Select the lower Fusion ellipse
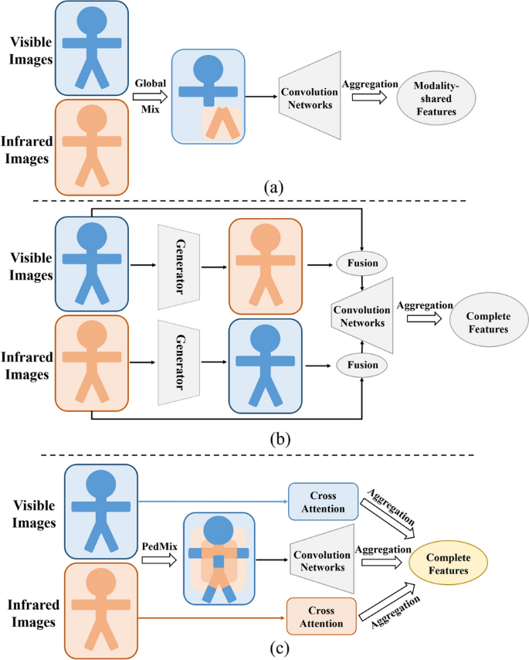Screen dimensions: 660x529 point(361,362)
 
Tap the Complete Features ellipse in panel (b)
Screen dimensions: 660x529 point(486,318)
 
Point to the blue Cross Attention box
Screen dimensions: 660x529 point(322,502)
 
